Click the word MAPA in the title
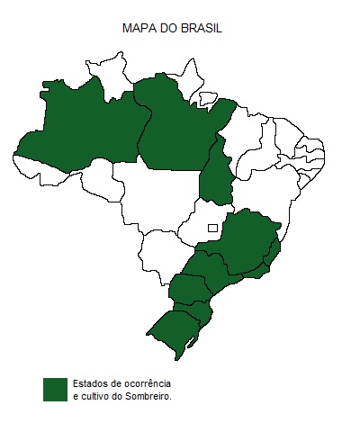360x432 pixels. pyautogui.click(x=138, y=29)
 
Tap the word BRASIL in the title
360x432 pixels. pyautogui.click(x=202, y=29)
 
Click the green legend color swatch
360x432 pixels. pyautogui.click(x=56, y=389)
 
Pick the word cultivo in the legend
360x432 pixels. pyautogui.click(x=97, y=395)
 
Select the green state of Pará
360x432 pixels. pyautogui.click(x=180, y=126)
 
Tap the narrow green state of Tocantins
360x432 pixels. pyautogui.click(x=216, y=175)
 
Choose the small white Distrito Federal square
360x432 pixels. pyautogui.click(x=212, y=228)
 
